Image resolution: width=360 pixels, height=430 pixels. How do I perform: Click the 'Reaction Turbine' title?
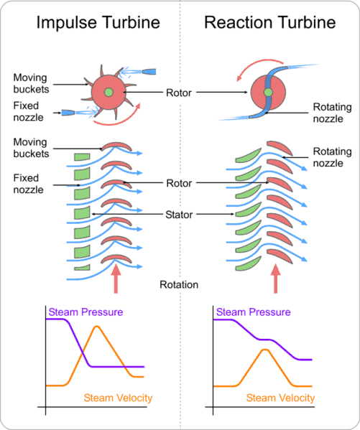coord(269,23)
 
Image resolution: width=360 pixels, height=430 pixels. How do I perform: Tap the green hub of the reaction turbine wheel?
coord(267,93)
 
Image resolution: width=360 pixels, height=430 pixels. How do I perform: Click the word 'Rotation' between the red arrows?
coord(180,284)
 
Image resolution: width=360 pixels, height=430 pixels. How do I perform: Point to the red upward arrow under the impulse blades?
coord(116,281)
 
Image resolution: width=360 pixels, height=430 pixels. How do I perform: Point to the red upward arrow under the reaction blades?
coord(276,281)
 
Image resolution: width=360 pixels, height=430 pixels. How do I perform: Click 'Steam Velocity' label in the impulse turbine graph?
coord(119,398)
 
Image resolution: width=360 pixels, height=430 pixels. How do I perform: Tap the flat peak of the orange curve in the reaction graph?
coord(265,350)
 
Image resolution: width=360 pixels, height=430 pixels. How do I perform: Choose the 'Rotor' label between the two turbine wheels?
coord(180,93)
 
